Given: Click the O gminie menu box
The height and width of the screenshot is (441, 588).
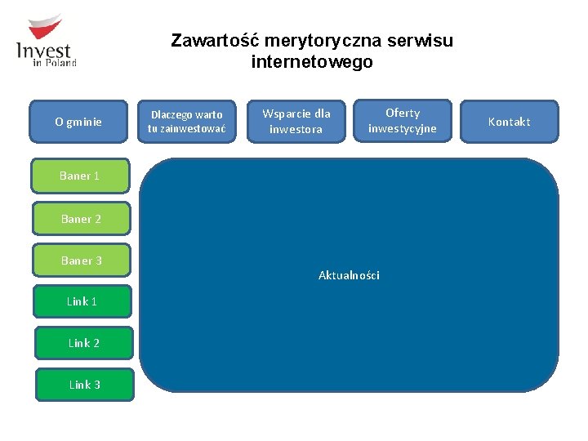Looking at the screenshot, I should pyautogui.click(x=78, y=122).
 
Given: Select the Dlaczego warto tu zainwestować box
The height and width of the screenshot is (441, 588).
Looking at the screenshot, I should pyautogui.click(x=186, y=122).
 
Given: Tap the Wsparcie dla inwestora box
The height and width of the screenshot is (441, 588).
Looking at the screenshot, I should pyautogui.click(x=296, y=122).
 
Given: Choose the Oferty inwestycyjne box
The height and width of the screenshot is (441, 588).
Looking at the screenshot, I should pyautogui.click(x=402, y=121).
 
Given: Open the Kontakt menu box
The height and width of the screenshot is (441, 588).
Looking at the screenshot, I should pyautogui.click(x=509, y=122).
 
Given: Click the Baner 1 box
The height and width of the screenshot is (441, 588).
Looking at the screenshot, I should pyautogui.click(x=81, y=176).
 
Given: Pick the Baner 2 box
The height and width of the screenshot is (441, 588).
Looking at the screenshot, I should pyautogui.click(x=81, y=219).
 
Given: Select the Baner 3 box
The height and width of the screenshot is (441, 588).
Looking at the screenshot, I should pyautogui.click(x=81, y=261).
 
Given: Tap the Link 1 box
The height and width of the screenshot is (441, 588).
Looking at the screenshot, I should pyautogui.click(x=83, y=301).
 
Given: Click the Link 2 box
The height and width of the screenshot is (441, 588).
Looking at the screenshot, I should pyautogui.click(x=83, y=343).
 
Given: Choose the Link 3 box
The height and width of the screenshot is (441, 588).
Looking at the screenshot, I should pyautogui.click(x=84, y=385).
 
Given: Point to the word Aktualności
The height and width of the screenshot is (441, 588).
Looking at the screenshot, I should pyautogui.click(x=349, y=275).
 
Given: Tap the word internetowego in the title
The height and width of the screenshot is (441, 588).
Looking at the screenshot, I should pyautogui.click(x=312, y=62).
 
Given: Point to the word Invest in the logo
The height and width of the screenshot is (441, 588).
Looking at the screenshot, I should pyautogui.click(x=44, y=51).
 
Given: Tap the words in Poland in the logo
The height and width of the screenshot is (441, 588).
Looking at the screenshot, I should pyautogui.click(x=56, y=63).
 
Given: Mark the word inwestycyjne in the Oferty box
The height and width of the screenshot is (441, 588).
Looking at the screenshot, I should pyautogui.click(x=402, y=128).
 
